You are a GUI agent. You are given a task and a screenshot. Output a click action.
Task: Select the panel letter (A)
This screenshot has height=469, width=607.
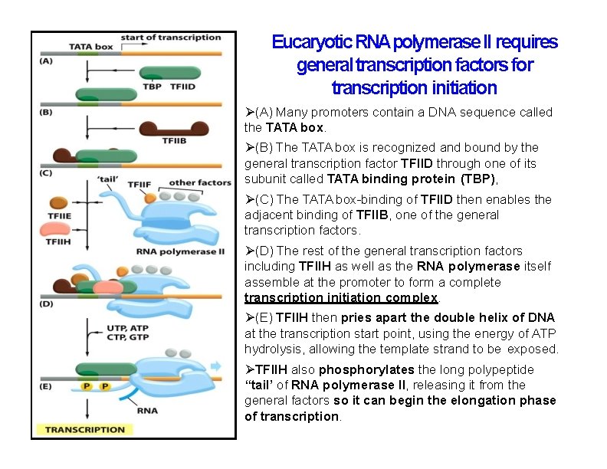click(45, 61)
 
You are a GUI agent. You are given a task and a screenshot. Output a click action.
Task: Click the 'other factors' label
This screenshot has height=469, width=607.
click(199, 182)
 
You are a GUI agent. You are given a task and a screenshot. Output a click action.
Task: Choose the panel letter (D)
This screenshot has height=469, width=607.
click(46, 304)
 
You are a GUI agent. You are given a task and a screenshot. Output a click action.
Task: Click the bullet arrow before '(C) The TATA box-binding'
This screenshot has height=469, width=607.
click(250, 199)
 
